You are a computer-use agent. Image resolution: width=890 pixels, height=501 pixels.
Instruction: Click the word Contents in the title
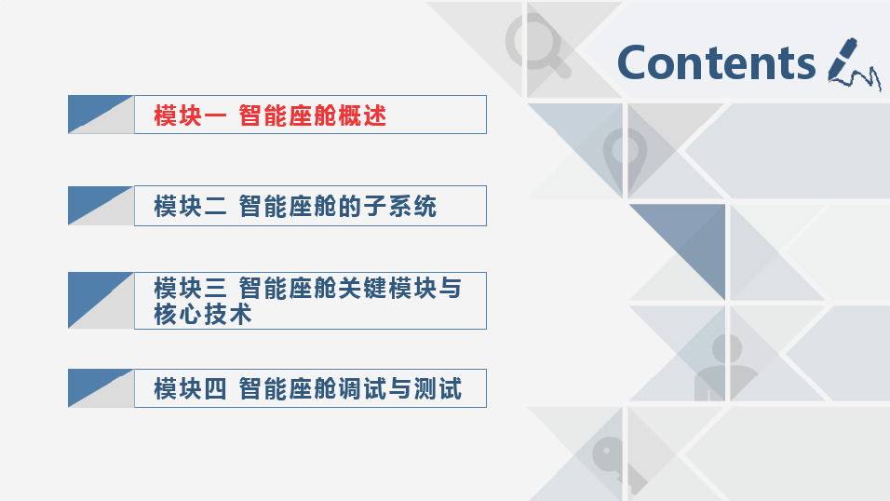point(716,62)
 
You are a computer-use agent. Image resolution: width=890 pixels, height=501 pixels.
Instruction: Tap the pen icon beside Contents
point(853,63)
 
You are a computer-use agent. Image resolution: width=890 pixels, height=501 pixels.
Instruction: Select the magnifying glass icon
point(537,45)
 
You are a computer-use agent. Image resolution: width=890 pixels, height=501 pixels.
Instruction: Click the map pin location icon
point(625,159)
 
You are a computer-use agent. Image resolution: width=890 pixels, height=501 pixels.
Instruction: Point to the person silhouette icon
point(726,367)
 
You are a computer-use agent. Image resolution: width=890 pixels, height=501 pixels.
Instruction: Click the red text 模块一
point(190,115)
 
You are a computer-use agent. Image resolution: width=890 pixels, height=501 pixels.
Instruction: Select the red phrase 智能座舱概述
point(312,115)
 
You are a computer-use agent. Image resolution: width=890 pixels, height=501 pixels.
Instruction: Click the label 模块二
point(190,206)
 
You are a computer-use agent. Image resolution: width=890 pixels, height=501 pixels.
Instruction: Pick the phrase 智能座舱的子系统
point(337,206)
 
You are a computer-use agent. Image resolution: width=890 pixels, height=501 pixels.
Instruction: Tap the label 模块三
point(190,288)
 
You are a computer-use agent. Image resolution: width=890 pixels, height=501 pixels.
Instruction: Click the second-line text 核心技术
point(203,314)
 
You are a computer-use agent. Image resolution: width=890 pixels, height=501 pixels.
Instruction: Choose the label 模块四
point(190,388)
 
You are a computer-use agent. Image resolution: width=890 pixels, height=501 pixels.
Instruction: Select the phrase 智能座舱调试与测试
point(350,388)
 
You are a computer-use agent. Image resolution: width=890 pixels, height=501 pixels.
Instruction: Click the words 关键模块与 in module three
point(399,288)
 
